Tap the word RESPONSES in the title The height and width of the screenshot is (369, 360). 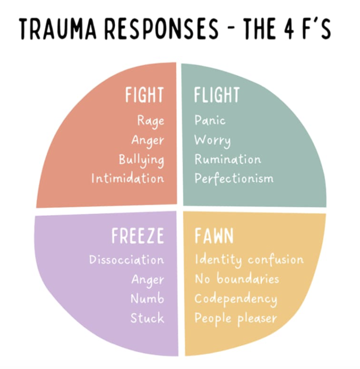[x=161, y=29]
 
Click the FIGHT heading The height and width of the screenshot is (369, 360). [x=144, y=95]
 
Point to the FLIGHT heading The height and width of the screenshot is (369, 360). [x=216, y=95]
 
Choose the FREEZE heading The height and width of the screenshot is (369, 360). [x=138, y=236]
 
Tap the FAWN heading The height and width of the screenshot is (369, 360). [x=214, y=236]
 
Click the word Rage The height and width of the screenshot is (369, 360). [x=151, y=121]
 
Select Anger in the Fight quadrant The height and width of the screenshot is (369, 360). [x=148, y=140]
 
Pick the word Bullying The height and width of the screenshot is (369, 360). [x=141, y=160]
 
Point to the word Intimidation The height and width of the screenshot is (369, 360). [x=128, y=179]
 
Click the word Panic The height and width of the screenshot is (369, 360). [x=210, y=121]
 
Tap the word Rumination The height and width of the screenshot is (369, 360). [x=228, y=160]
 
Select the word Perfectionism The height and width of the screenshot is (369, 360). [x=234, y=179]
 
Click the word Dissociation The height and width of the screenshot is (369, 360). [x=126, y=260]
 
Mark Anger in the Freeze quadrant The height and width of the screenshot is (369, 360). [x=148, y=280]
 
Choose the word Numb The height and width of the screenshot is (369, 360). [x=147, y=299]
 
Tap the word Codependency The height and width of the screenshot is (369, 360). [x=236, y=299]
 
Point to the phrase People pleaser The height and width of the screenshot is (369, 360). [x=236, y=318]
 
